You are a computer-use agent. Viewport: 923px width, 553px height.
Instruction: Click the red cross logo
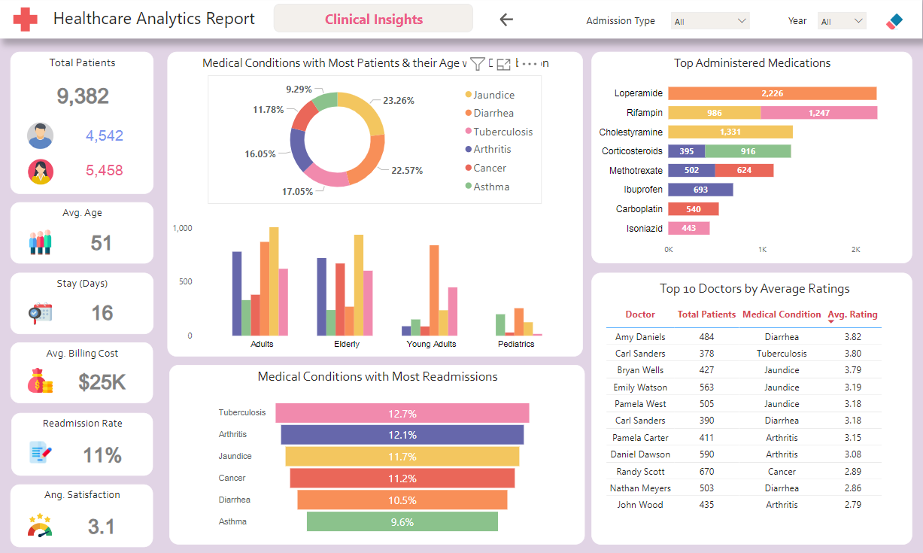(x=25, y=20)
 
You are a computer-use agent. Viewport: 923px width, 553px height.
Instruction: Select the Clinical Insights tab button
(x=373, y=20)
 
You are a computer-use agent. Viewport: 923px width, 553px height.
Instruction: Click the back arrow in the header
(x=506, y=20)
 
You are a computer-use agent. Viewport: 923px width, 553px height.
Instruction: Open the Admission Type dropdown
(x=709, y=21)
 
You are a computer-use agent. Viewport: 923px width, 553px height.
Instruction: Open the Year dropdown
(x=841, y=21)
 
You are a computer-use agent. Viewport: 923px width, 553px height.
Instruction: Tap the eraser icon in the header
(x=894, y=21)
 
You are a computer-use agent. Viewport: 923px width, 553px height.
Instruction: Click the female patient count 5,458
(x=104, y=171)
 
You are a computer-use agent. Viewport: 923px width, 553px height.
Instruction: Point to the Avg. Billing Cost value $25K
(x=102, y=382)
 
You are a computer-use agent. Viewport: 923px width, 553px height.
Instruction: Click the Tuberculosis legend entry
(x=502, y=132)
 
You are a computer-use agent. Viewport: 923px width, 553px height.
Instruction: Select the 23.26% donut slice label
(x=398, y=100)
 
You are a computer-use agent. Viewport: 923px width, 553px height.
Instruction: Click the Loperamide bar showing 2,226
(x=772, y=93)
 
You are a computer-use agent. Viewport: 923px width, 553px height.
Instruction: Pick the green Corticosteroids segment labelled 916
(x=748, y=151)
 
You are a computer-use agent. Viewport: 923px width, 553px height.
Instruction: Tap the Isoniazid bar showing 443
(x=688, y=228)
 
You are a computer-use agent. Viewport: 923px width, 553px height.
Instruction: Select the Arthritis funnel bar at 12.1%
(x=402, y=435)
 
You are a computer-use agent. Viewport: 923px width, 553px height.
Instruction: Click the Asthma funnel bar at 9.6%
(x=402, y=522)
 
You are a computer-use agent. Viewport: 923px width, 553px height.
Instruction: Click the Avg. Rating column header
(x=852, y=314)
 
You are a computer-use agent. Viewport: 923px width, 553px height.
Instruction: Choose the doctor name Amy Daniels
(x=640, y=337)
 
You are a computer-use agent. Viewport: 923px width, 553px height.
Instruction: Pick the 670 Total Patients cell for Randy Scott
(x=706, y=472)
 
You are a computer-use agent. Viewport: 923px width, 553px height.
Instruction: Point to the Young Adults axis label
(x=431, y=344)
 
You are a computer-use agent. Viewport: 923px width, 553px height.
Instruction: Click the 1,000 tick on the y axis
(x=182, y=228)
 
